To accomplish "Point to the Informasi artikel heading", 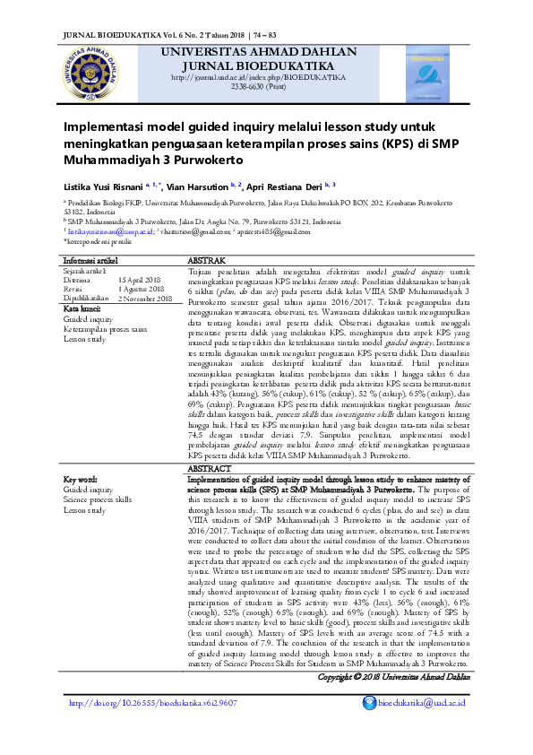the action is point(93,260).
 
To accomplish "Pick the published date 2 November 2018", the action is point(145,299).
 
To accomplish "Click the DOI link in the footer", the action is point(153,703).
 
